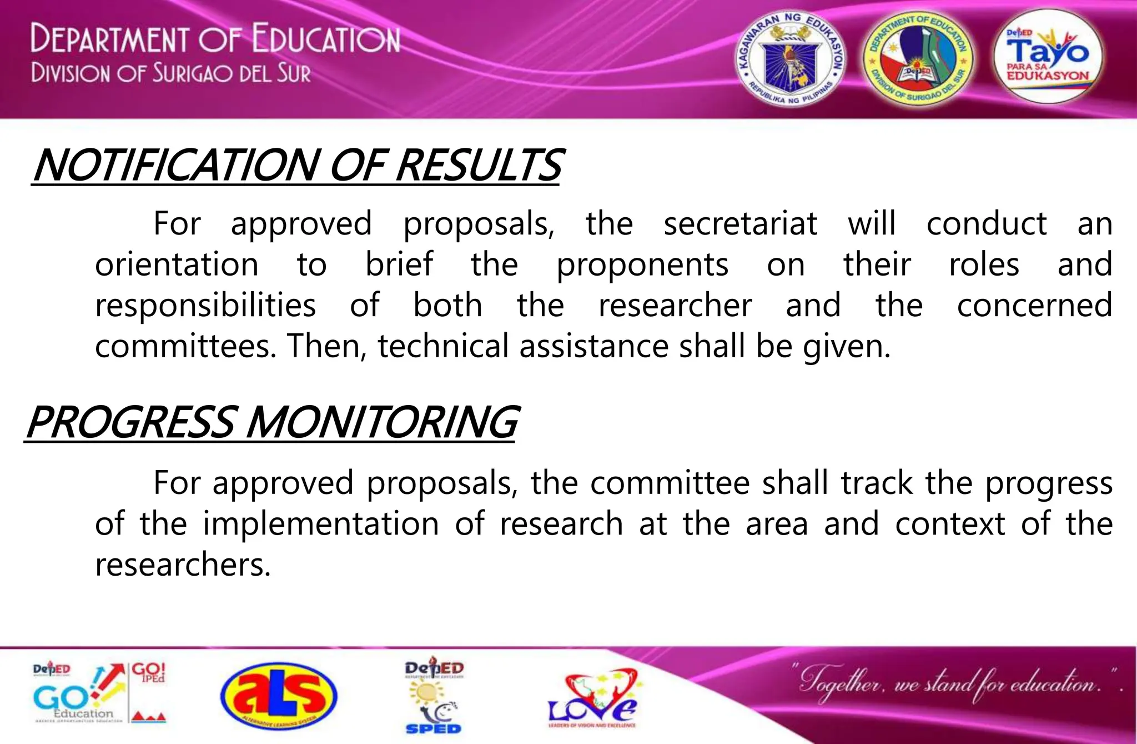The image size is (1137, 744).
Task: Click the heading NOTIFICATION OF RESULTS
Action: coord(297,165)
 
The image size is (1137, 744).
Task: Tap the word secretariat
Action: coord(740,223)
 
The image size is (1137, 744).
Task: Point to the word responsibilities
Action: coord(205,305)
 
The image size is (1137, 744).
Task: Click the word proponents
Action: coord(642,265)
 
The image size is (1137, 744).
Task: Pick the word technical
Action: coord(443,346)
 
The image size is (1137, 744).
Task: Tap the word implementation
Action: coord(320,523)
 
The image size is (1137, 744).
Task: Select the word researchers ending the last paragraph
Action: coord(183,565)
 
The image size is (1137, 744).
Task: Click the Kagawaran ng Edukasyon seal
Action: coord(791,59)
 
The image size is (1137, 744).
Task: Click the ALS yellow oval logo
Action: coord(278,696)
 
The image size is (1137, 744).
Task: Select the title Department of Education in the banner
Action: coord(215,38)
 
